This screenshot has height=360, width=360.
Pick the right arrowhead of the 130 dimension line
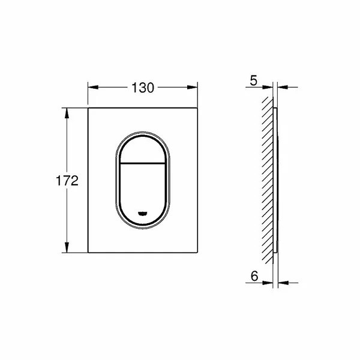point(194,87)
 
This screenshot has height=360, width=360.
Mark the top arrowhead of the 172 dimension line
point(67,112)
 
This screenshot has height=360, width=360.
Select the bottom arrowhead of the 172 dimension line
point(67,251)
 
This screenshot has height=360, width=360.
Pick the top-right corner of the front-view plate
point(198,109)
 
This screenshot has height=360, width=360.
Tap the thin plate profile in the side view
point(275,180)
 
